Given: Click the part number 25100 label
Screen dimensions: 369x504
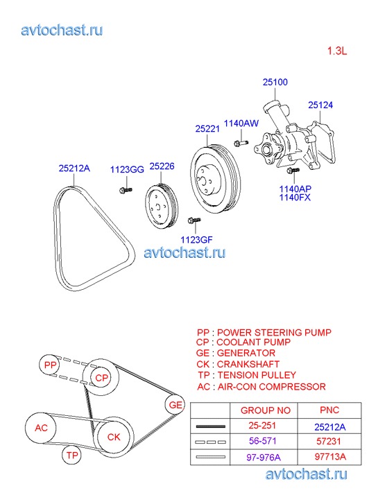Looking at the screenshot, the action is tap(275, 82).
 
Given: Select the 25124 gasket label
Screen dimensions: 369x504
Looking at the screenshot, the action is tap(320, 105).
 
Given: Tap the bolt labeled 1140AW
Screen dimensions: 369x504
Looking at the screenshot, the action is tap(241, 142).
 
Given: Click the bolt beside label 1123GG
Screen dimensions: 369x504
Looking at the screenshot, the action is tap(126, 190).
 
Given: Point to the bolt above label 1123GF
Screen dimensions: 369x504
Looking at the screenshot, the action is tap(194, 220).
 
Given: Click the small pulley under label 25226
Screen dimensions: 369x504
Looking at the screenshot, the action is tap(161, 206).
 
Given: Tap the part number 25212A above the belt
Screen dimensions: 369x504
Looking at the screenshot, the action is tap(74, 168).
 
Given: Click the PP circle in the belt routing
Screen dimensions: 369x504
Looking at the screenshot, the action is tap(50, 365).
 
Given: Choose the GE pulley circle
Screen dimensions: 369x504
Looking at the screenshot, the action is tap(175, 405).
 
